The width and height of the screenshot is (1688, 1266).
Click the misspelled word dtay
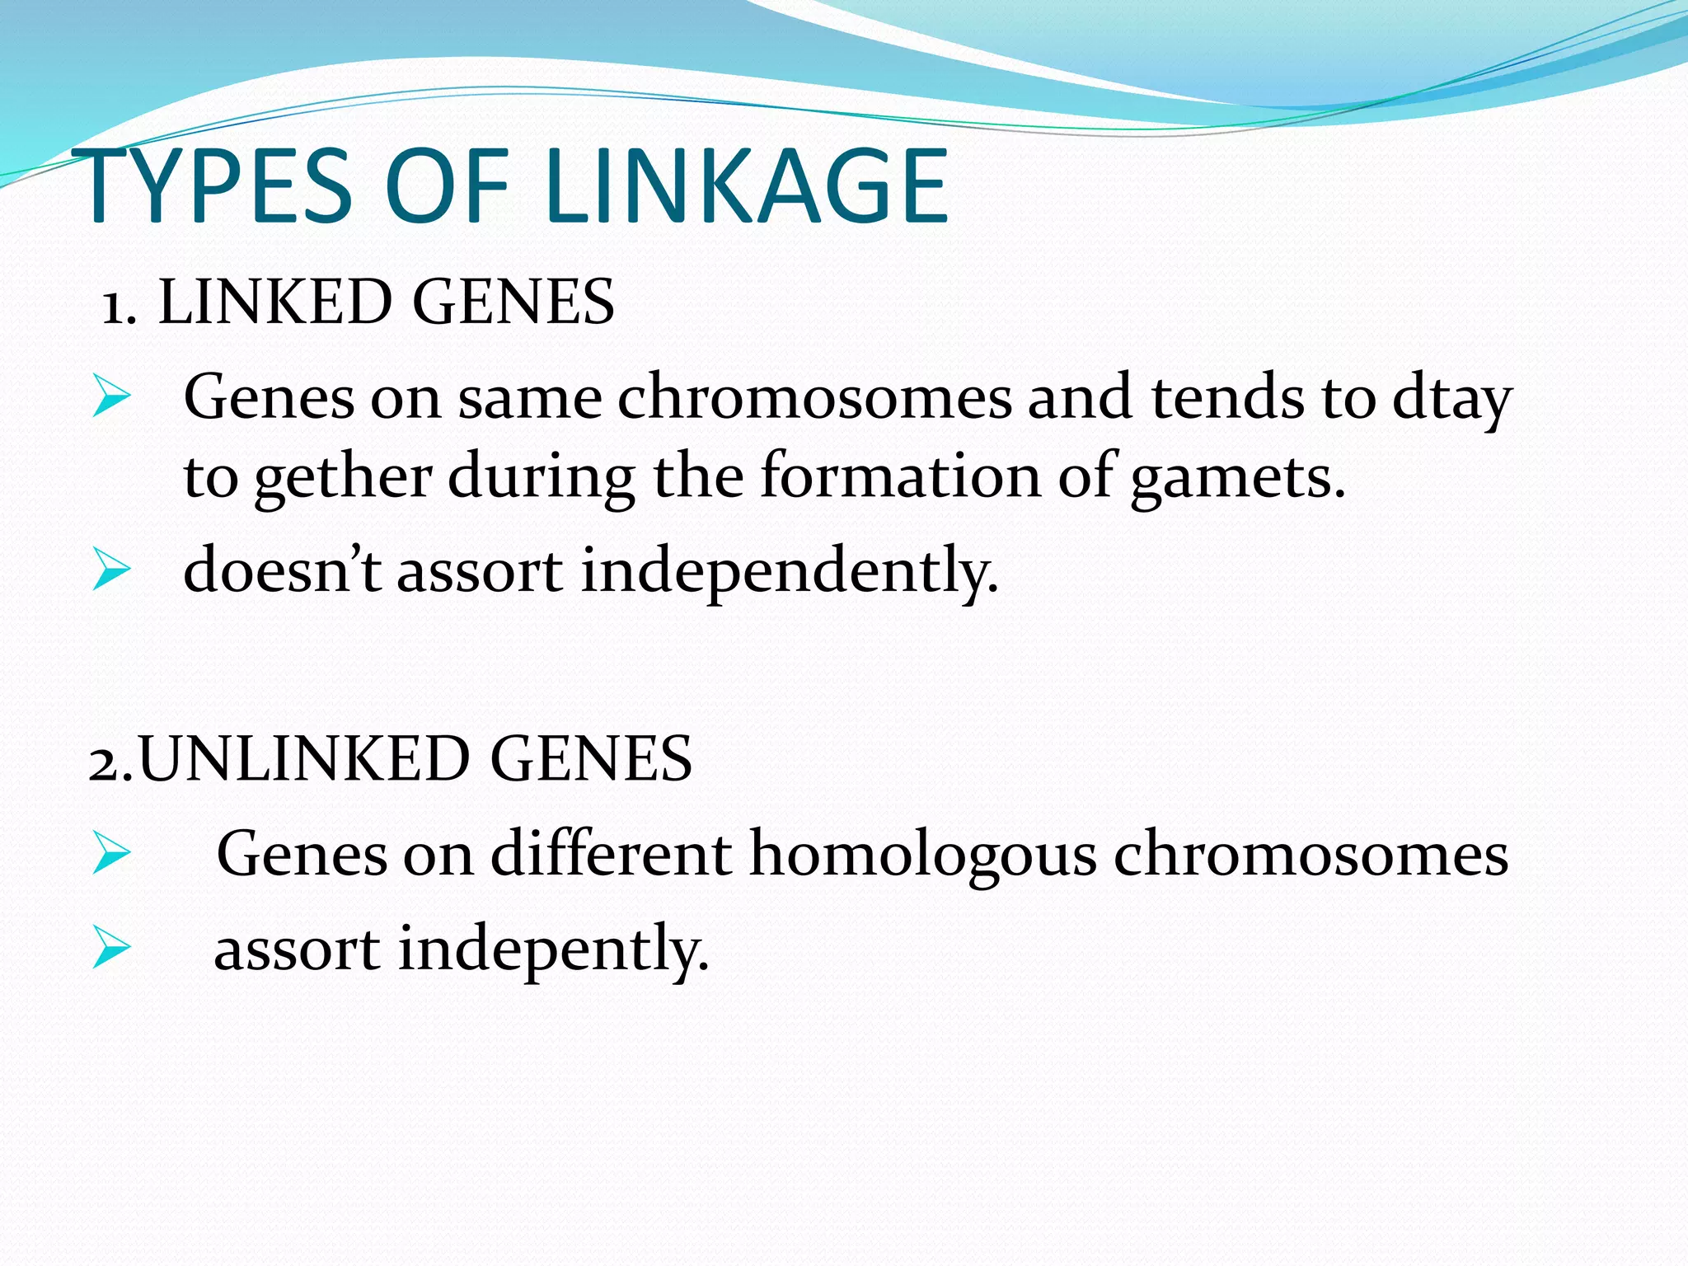click(x=1452, y=400)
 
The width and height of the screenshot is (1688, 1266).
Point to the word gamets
click(x=1237, y=478)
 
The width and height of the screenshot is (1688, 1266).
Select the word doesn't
click(x=281, y=570)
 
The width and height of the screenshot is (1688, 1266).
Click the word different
click(x=611, y=854)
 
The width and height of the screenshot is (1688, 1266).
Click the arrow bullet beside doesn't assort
click(x=111, y=570)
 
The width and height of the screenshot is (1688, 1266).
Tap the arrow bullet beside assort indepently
click(x=111, y=947)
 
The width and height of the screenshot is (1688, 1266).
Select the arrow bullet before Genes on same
click(x=111, y=396)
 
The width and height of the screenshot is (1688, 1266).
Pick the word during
click(x=542, y=478)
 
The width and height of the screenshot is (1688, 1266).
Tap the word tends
click(x=1227, y=398)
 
